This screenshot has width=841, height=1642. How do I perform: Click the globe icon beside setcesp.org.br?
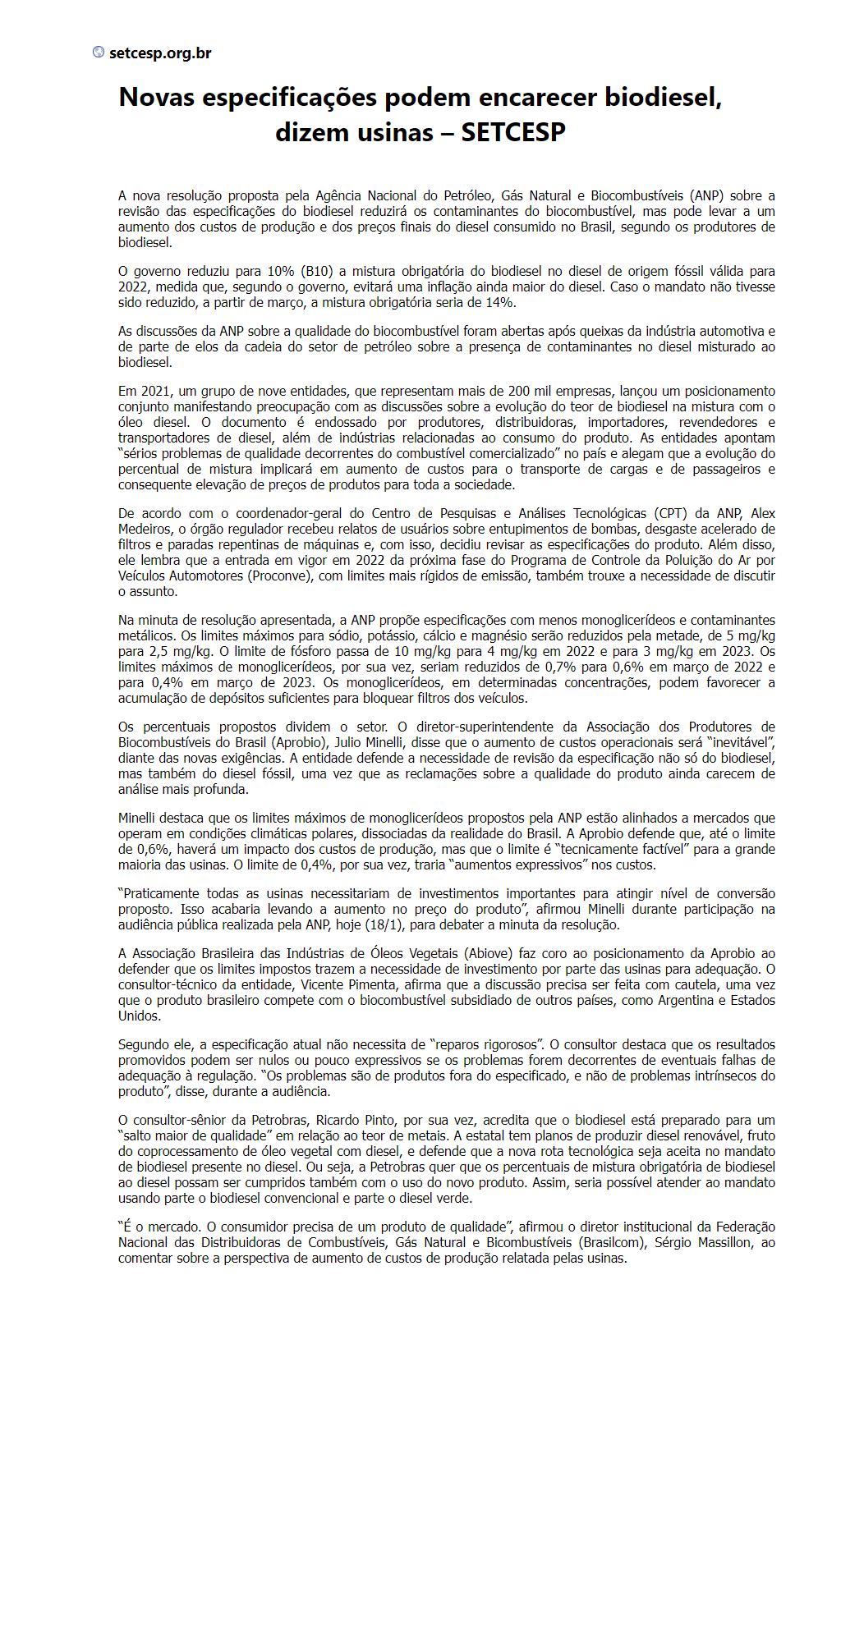[x=99, y=53]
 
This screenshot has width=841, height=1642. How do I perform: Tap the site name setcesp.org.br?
[x=160, y=53]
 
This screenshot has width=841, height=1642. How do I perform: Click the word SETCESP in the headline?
[x=513, y=132]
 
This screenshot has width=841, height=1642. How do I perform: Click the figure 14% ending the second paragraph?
[x=499, y=302]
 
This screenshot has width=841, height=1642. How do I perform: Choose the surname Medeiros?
[x=145, y=529]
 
